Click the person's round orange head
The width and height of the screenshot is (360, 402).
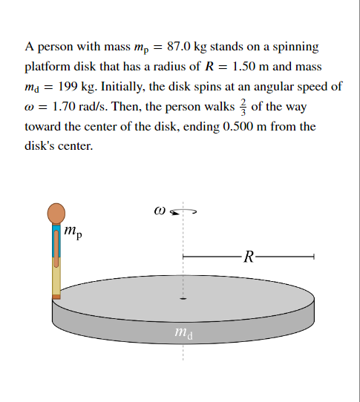click(x=57, y=214)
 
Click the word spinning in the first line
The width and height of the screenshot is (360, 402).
click(x=295, y=47)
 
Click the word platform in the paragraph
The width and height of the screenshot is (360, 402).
click(x=46, y=67)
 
